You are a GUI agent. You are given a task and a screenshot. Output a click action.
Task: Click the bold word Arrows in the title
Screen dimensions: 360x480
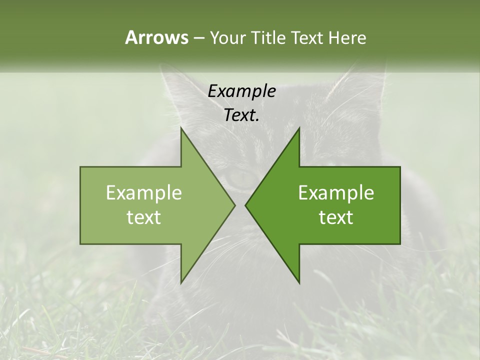pos(156,37)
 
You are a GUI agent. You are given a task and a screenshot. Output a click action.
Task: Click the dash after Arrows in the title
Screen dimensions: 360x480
pos(198,38)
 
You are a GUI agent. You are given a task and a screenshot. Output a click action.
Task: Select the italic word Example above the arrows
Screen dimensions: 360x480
pos(241,91)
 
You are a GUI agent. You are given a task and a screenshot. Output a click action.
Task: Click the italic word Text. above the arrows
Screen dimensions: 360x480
pos(241,115)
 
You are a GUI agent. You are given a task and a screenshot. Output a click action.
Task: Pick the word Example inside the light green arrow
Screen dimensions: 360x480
pos(144,193)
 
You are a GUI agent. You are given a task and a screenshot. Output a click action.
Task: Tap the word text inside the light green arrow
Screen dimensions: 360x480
pos(144,217)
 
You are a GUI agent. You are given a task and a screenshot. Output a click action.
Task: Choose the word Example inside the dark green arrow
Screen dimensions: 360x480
pos(336,193)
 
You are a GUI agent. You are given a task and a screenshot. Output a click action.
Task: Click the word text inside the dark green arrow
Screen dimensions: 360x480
pos(336,217)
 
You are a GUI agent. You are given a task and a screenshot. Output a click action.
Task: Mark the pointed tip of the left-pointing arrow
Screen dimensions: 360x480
pos(246,205)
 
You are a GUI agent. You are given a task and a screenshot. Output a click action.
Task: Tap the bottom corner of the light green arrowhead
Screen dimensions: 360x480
pos(181,282)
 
